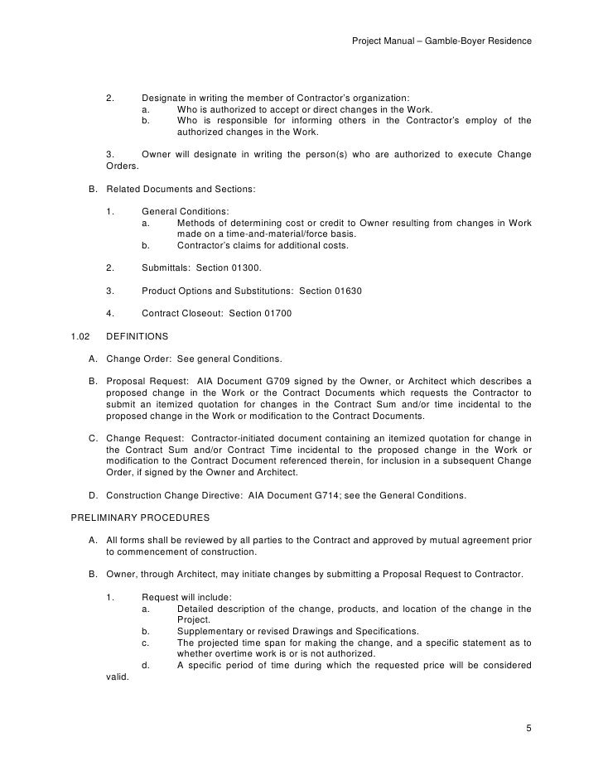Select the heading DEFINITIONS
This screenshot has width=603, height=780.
coord(137,337)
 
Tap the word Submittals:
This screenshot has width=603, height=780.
coord(166,268)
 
